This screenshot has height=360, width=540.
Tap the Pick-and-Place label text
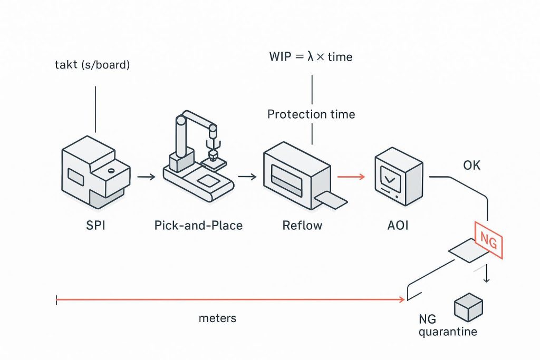pyautogui.click(x=198, y=226)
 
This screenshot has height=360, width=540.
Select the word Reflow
pyautogui.click(x=302, y=226)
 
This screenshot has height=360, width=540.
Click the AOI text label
pyautogui.click(x=398, y=226)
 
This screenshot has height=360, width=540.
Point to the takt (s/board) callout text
pyautogui.click(x=93, y=66)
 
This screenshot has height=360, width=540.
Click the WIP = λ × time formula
pyautogui.click(x=311, y=56)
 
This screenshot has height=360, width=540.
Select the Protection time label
pyautogui.click(x=311, y=114)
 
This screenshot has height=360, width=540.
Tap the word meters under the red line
pyautogui.click(x=217, y=318)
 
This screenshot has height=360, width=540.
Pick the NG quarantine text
pyautogui.click(x=447, y=326)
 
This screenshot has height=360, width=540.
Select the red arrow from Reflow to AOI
pyautogui.click(x=351, y=177)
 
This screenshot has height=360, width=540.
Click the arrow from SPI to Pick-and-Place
pyautogui.click(x=146, y=177)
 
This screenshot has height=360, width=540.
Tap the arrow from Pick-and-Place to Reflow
pyautogui.click(x=247, y=177)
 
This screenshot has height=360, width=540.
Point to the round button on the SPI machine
pyautogui.click(x=111, y=171)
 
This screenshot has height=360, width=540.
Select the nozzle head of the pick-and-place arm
pyautogui.click(x=213, y=155)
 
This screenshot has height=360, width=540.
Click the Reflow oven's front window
pyautogui.click(x=286, y=178)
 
